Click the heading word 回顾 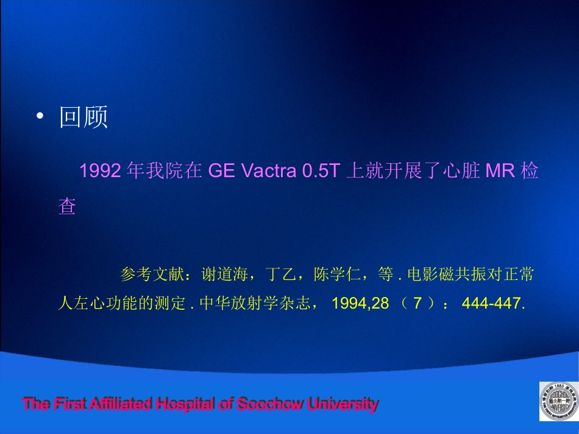[83, 117]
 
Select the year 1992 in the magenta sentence [100, 171]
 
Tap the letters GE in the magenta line [222, 171]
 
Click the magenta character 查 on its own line [67, 206]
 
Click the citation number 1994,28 [360, 303]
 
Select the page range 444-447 [494, 303]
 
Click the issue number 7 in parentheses [417, 303]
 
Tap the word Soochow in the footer [269, 404]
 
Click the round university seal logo [559, 402]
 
